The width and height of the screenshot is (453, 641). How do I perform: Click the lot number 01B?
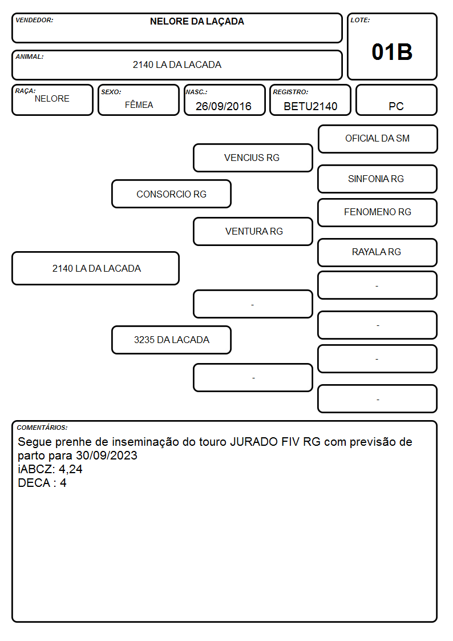coord(392,53)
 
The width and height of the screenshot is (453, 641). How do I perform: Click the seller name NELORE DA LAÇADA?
coord(197,22)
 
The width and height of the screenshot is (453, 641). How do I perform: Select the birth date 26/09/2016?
coord(224,106)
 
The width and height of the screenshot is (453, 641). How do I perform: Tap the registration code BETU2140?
coord(310,106)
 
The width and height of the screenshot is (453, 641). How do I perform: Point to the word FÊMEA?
coord(139,104)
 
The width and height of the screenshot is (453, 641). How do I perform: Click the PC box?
coord(396,100)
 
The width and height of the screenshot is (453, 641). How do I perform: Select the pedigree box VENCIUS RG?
coord(253,158)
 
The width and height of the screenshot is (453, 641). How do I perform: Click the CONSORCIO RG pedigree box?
coord(172,193)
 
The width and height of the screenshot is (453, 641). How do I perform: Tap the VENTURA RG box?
coord(253,231)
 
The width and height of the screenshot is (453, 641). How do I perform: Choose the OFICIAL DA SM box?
coord(378,139)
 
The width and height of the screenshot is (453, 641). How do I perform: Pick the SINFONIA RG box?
coord(378,179)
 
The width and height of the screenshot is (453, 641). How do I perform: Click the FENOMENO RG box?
coord(378,212)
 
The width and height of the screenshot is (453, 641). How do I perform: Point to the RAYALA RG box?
coord(378,252)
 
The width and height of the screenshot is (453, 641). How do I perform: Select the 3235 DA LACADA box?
coord(172,340)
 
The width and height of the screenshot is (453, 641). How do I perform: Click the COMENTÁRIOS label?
coord(42,428)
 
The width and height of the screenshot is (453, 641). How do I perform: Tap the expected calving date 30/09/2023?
coord(107,455)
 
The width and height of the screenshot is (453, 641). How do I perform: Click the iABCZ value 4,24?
coord(71,469)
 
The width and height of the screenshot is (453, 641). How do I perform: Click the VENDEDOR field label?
coord(34,20)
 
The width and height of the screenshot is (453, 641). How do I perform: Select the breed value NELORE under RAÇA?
coord(52,99)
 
